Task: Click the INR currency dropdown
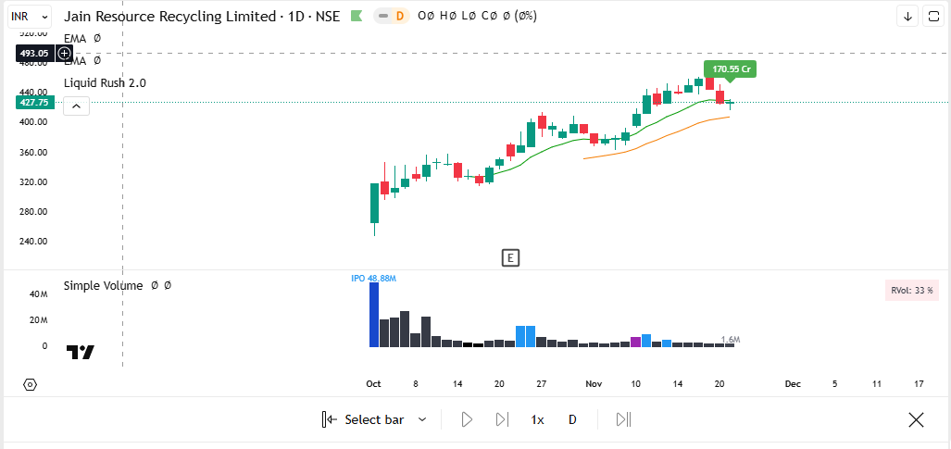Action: pyautogui.click(x=30, y=16)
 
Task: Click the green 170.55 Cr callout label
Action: pyautogui.click(x=731, y=69)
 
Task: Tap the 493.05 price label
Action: pyautogui.click(x=35, y=54)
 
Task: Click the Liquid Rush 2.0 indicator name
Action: pyautogui.click(x=105, y=83)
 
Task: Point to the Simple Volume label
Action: pyautogui.click(x=103, y=286)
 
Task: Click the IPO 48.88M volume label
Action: pyautogui.click(x=373, y=278)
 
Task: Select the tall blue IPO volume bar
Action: pyautogui.click(x=374, y=315)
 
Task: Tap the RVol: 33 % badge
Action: pyautogui.click(x=911, y=291)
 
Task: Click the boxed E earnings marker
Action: pyautogui.click(x=510, y=257)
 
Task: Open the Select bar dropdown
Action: pyautogui.click(x=375, y=419)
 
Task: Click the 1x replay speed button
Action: pyautogui.click(x=537, y=419)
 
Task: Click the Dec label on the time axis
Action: pyautogui.click(x=793, y=383)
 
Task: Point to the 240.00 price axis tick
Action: pyautogui.click(x=34, y=242)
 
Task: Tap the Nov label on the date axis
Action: pyautogui.click(x=594, y=383)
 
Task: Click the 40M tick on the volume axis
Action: pyautogui.click(x=38, y=294)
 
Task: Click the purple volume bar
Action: pyautogui.click(x=635, y=343)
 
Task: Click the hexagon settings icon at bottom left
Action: pyautogui.click(x=30, y=384)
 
